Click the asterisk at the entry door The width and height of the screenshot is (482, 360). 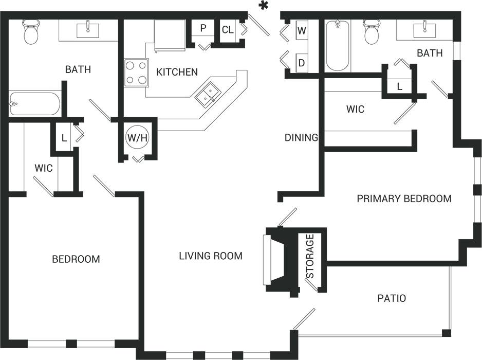click(265, 6)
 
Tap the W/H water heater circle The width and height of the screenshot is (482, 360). click(137, 138)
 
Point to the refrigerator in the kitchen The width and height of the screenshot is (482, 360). click(170, 35)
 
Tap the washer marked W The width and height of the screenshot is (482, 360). click(302, 31)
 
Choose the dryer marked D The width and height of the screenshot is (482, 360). click(302, 63)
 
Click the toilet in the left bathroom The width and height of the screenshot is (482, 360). click(32, 32)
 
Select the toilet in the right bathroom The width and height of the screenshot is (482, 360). click(370, 32)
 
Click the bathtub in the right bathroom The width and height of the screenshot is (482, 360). click(338, 45)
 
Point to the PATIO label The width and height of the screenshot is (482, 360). click(392, 298)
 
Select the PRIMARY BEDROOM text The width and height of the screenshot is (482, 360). click(404, 199)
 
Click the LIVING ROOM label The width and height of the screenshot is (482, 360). click(211, 256)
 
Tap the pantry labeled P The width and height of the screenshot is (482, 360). click(203, 29)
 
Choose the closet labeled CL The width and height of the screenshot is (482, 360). click(228, 30)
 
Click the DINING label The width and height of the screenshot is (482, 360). click(302, 137)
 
